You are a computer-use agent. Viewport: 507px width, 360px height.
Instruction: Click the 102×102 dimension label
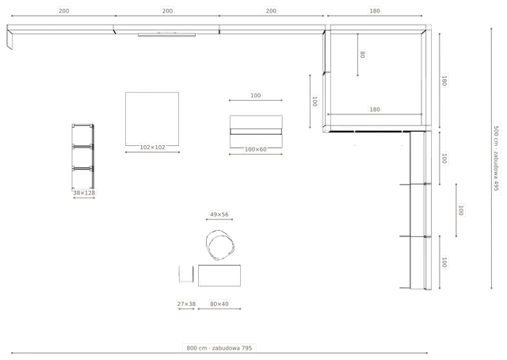[x=152, y=147]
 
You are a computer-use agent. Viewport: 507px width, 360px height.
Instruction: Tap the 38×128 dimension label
[x=84, y=193]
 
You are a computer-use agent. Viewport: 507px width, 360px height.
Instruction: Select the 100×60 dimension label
[x=255, y=149]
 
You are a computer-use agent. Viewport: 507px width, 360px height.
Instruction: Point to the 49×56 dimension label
[x=219, y=214]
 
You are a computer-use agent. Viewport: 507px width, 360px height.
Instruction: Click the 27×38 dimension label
[x=186, y=304]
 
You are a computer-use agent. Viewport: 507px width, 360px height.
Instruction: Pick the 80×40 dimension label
[x=219, y=304]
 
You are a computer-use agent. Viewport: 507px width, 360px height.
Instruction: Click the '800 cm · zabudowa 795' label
[x=219, y=348]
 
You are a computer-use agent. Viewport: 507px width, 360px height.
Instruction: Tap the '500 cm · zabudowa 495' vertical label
[x=497, y=159]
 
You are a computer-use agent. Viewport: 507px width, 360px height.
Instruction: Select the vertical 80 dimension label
[x=363, y=55]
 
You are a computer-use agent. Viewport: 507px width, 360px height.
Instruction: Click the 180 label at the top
[x=375, y=10]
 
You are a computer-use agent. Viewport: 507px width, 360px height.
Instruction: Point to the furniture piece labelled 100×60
[x=256, y=132]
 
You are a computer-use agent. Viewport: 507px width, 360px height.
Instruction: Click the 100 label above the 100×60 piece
[x=255, y=95]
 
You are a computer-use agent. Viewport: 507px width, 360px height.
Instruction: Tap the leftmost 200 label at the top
[x=63, y=10]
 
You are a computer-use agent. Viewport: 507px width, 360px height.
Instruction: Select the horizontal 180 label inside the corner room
[x=375, y=109]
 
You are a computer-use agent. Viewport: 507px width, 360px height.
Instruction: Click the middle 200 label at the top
[x=167, y=10]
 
